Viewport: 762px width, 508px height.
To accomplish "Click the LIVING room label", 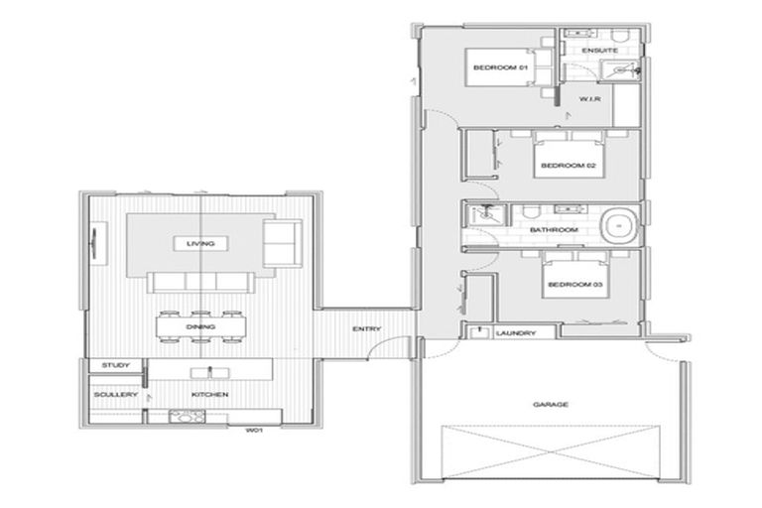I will [200, 243].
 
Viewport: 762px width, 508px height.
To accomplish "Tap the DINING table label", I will [200, 326].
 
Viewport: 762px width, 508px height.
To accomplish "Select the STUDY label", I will [116, 365].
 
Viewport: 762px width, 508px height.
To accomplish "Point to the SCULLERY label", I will [115, 395].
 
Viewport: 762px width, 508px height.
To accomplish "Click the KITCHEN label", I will [210, 395].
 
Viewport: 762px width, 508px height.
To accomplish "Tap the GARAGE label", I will [552, 405].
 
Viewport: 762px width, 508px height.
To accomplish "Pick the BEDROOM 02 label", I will [569, 166].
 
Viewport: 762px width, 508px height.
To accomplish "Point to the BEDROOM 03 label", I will [573, 288].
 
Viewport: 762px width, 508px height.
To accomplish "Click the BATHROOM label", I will [553, 229].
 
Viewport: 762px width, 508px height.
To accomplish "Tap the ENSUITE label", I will [600, 50].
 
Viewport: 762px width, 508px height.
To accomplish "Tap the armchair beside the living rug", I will [282, 242].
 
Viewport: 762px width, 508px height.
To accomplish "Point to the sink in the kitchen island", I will [210, 372].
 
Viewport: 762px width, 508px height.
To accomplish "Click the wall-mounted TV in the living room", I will [96, 241].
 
